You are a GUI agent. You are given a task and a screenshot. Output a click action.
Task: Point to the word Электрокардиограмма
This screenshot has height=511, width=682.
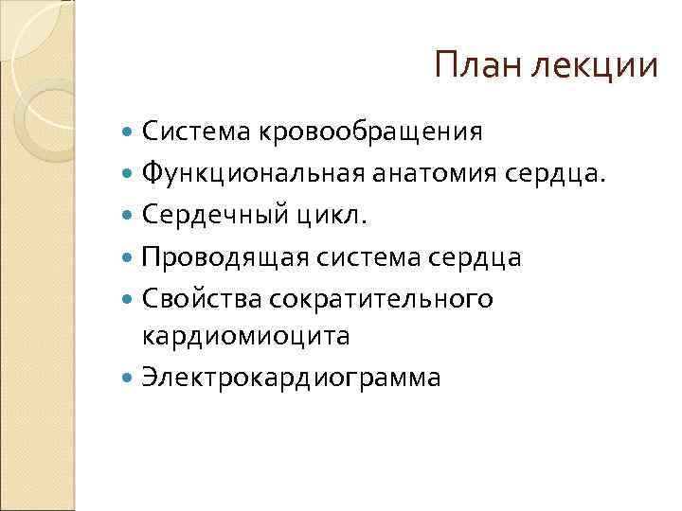click(291, 377)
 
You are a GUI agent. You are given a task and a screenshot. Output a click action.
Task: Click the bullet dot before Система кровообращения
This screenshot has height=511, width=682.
click(129, 132)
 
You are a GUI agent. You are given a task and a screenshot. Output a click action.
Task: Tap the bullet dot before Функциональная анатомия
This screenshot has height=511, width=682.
click(129, 174)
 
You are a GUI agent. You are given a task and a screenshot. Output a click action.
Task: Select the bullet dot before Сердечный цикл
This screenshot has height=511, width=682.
click(129, 216)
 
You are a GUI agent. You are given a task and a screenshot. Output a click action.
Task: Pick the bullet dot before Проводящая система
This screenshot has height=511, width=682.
click(129, 257)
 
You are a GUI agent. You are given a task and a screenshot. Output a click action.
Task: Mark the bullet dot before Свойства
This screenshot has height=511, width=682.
click(129, 299)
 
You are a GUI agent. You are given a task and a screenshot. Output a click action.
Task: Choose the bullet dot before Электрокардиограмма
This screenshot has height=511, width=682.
click(129, 378)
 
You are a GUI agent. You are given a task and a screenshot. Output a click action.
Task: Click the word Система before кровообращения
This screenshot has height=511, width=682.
click(192, 132)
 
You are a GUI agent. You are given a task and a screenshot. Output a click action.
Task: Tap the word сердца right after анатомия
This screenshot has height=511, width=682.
click(554, 174)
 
